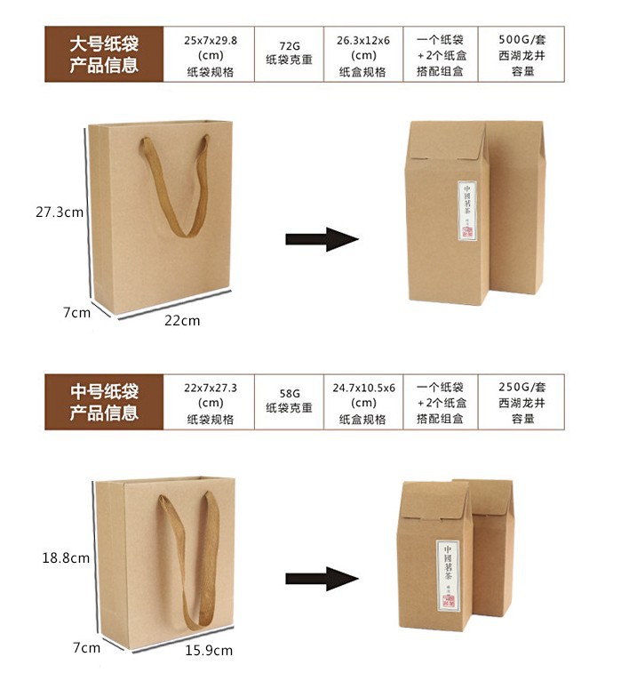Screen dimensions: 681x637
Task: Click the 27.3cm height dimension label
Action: pyautogui.click(x=60, y=212)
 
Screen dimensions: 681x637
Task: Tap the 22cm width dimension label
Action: pyautogui.click(x=183, y=320)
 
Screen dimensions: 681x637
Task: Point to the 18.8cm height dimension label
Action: pyautogui.click(x=66, y=557)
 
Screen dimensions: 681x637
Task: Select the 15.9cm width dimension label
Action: pyautogui.click(x=209, y=651)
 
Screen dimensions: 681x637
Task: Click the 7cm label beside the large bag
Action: pyautogui.click(x=76, y=312)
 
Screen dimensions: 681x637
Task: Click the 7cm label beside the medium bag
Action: pyautogui.click(x=86, y=647)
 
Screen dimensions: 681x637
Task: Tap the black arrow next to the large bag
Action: pyautogui.click(x=321, y=239)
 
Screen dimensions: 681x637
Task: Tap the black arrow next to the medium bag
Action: pyautogui.click(x=321, y=579)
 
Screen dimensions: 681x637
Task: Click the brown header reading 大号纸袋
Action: pyautogui.click(x=105, y=54)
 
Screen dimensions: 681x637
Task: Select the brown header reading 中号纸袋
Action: pyautogui.click(x=105, y=402)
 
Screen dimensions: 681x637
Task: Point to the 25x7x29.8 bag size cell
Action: pyautogui.click(x=209, y=55)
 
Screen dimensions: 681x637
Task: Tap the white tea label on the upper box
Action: pyautogui.click(x=468, y=212)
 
